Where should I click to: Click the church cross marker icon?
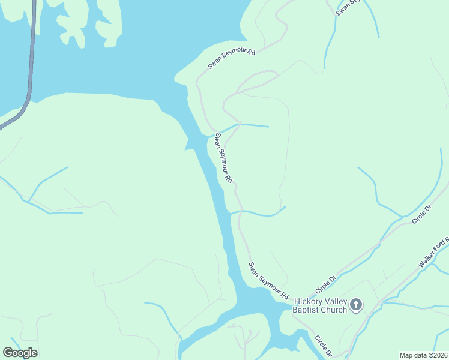click(x=356, y=305)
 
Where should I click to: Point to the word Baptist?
click(x=306, y=310)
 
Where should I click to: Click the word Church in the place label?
click(x=334, y=310)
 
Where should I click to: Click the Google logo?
click(x=20, y=352)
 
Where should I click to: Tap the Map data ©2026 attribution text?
click(x=423, y=355)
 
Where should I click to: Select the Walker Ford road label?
click(x=433, y=253)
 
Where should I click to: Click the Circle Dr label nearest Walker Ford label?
click(x=422, y=215)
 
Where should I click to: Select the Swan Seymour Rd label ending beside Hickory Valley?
click(x=269, y=281)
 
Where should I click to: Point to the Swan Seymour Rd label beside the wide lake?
click(x=232, y=60)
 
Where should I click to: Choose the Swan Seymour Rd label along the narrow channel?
click(x=223, y=158)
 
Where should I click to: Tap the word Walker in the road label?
click(x=428, y=257)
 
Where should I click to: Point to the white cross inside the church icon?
click(x=356, y=305)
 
